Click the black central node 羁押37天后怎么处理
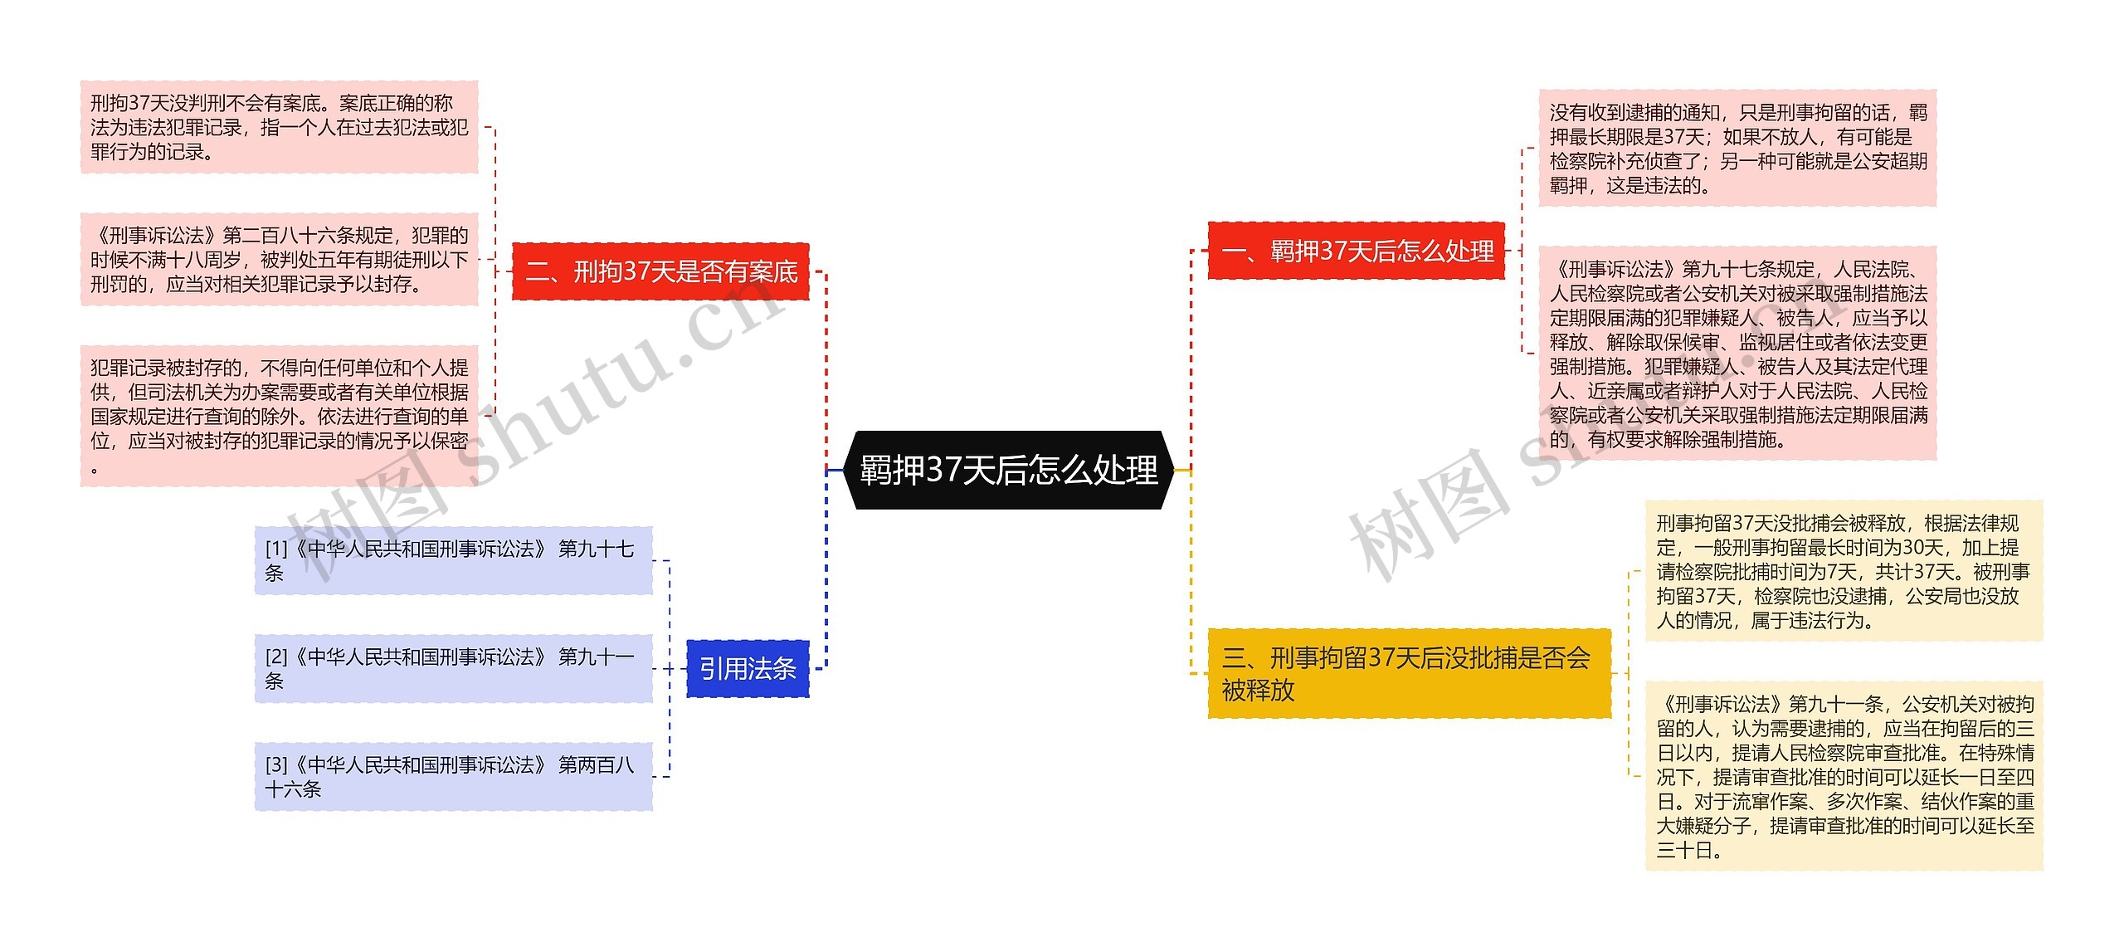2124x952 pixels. (x=1008, y=470)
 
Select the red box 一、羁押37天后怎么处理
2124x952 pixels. (x=1356, y=251)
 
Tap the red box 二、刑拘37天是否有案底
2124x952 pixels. (x=660, y=271)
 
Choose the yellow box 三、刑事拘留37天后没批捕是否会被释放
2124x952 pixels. (x=1408, y=673)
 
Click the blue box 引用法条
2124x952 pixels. (x=748, y=668)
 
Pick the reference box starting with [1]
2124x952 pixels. (x=453, y=560)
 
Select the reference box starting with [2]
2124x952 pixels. (x=453, y=668)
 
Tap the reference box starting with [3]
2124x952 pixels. (x=453, y=776)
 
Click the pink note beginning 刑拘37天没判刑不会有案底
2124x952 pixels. (x=279, y=127)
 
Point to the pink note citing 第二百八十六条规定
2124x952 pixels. (x=279, y=259)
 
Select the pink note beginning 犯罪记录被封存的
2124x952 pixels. (x=279, y=415)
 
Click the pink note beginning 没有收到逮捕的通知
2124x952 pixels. (x=1737, y=149)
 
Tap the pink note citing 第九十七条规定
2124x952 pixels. (x=1737, y=353)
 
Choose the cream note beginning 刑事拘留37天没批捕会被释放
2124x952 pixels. (x=1844, y=571)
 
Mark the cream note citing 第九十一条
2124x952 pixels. (x=1844, y=776)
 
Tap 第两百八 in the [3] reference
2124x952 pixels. (x=596, y=764)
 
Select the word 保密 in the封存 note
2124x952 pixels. (x=449, y=441)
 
